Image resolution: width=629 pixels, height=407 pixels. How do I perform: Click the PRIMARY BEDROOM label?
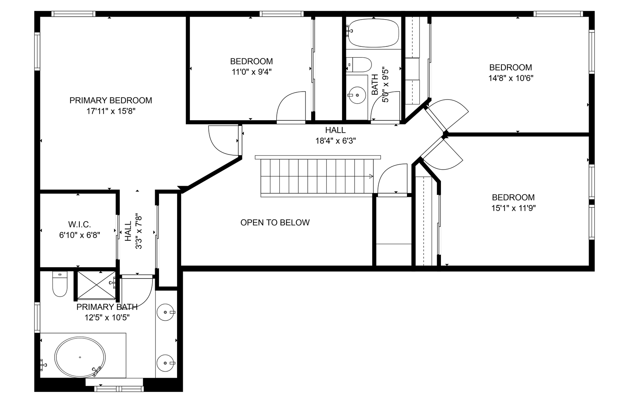(111, 100)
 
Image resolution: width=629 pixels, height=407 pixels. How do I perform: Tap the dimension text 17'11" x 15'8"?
(111, 111)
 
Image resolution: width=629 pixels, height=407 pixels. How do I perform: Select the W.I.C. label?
(79, 225)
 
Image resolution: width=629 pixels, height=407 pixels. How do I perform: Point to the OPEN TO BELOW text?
(275, 223)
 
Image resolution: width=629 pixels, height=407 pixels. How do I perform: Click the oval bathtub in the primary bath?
(80, 357)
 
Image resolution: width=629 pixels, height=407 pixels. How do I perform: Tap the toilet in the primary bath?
(60, 284)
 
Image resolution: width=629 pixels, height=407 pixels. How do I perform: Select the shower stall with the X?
(96, 285)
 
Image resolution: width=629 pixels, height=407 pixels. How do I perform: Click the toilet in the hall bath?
(359, 65)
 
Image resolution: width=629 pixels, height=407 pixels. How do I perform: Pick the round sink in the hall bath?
(357, 95)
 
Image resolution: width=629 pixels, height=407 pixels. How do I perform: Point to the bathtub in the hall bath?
(373, 33)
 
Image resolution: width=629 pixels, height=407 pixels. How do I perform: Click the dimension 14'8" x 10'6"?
(511, 78)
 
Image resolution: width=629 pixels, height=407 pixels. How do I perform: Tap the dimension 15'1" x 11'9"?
(513, 208)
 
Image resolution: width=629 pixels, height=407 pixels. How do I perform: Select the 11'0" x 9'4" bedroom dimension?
(251, 72)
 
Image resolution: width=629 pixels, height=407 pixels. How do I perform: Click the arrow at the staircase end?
(371, 176)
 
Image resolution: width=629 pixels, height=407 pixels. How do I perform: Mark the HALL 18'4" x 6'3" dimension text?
(336, 141)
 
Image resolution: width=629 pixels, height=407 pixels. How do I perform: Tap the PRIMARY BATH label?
(107, 307)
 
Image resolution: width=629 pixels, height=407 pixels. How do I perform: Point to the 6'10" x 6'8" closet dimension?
(79, 235)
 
